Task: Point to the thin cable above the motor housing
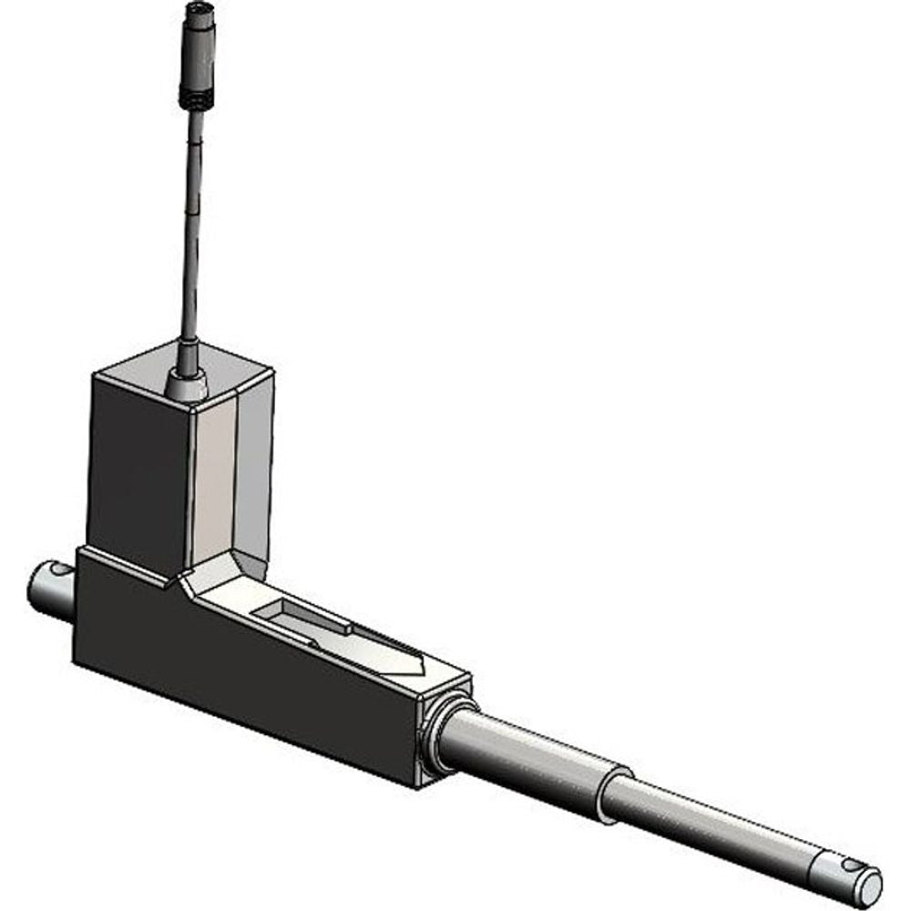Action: tap(190, 228)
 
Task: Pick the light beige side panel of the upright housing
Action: tap(215, 483)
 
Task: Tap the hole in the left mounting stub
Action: tap(60, 571)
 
